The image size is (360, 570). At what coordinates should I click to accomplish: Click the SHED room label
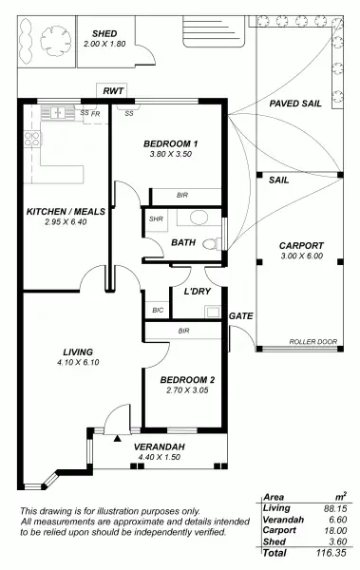tap(104, 32)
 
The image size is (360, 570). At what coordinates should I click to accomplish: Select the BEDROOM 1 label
tap(170, 143)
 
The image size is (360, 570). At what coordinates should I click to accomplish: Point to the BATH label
tap(182, 242)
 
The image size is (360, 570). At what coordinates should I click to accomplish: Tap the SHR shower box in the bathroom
tap(156, 218)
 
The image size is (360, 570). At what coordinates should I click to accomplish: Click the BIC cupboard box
tap(157, 310)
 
